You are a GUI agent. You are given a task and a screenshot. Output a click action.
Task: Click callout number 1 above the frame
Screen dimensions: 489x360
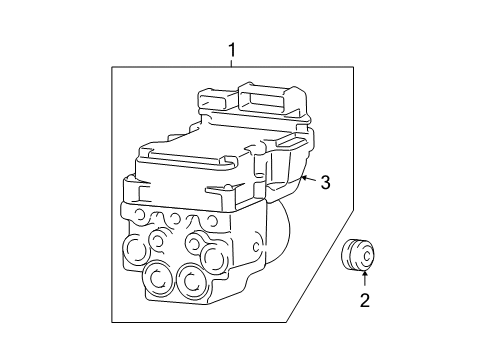click(x=232, y=49)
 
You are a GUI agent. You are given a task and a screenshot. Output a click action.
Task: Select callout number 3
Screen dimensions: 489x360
click(x=325, y=182)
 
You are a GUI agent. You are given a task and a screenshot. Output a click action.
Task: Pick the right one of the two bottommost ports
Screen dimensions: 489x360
click(x=190, y=284)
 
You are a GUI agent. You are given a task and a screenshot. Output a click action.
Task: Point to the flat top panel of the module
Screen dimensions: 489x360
click(x=200, y=156)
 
